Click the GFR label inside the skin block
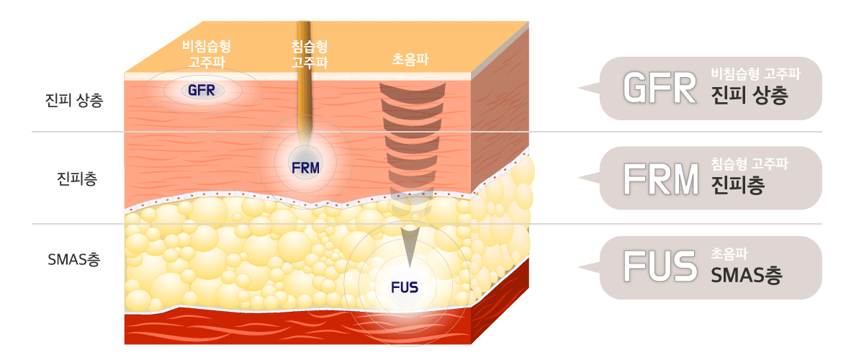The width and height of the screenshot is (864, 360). point(202,91)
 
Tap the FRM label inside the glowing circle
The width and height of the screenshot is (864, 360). point(305,168)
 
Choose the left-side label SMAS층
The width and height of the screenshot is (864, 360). point(73,258)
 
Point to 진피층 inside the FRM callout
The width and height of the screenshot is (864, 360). point(737,185)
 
